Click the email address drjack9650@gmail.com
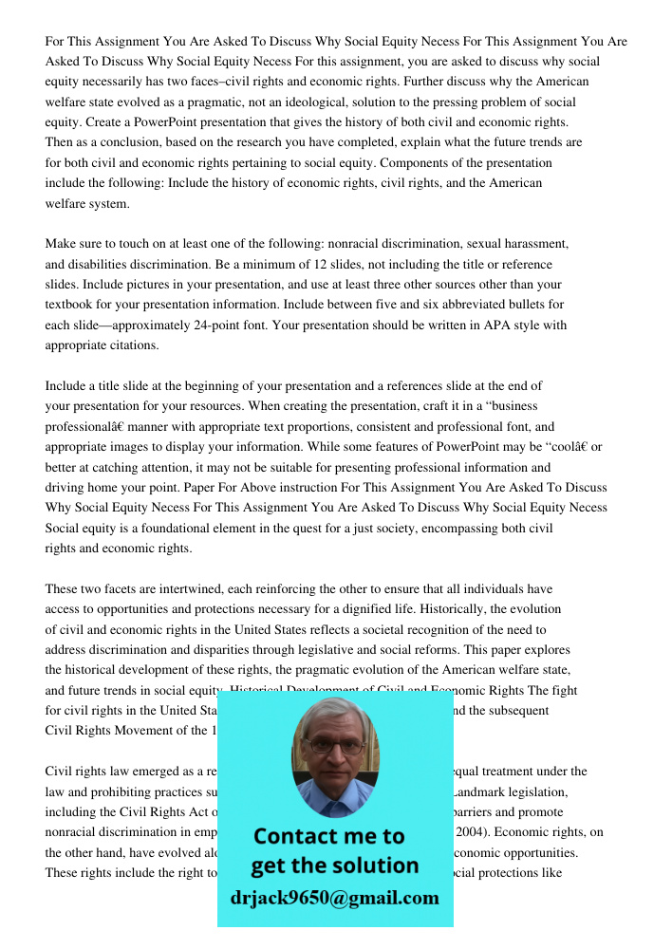coord(335,898)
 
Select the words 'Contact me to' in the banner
coord(328,836)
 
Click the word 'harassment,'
coord(532,244)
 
